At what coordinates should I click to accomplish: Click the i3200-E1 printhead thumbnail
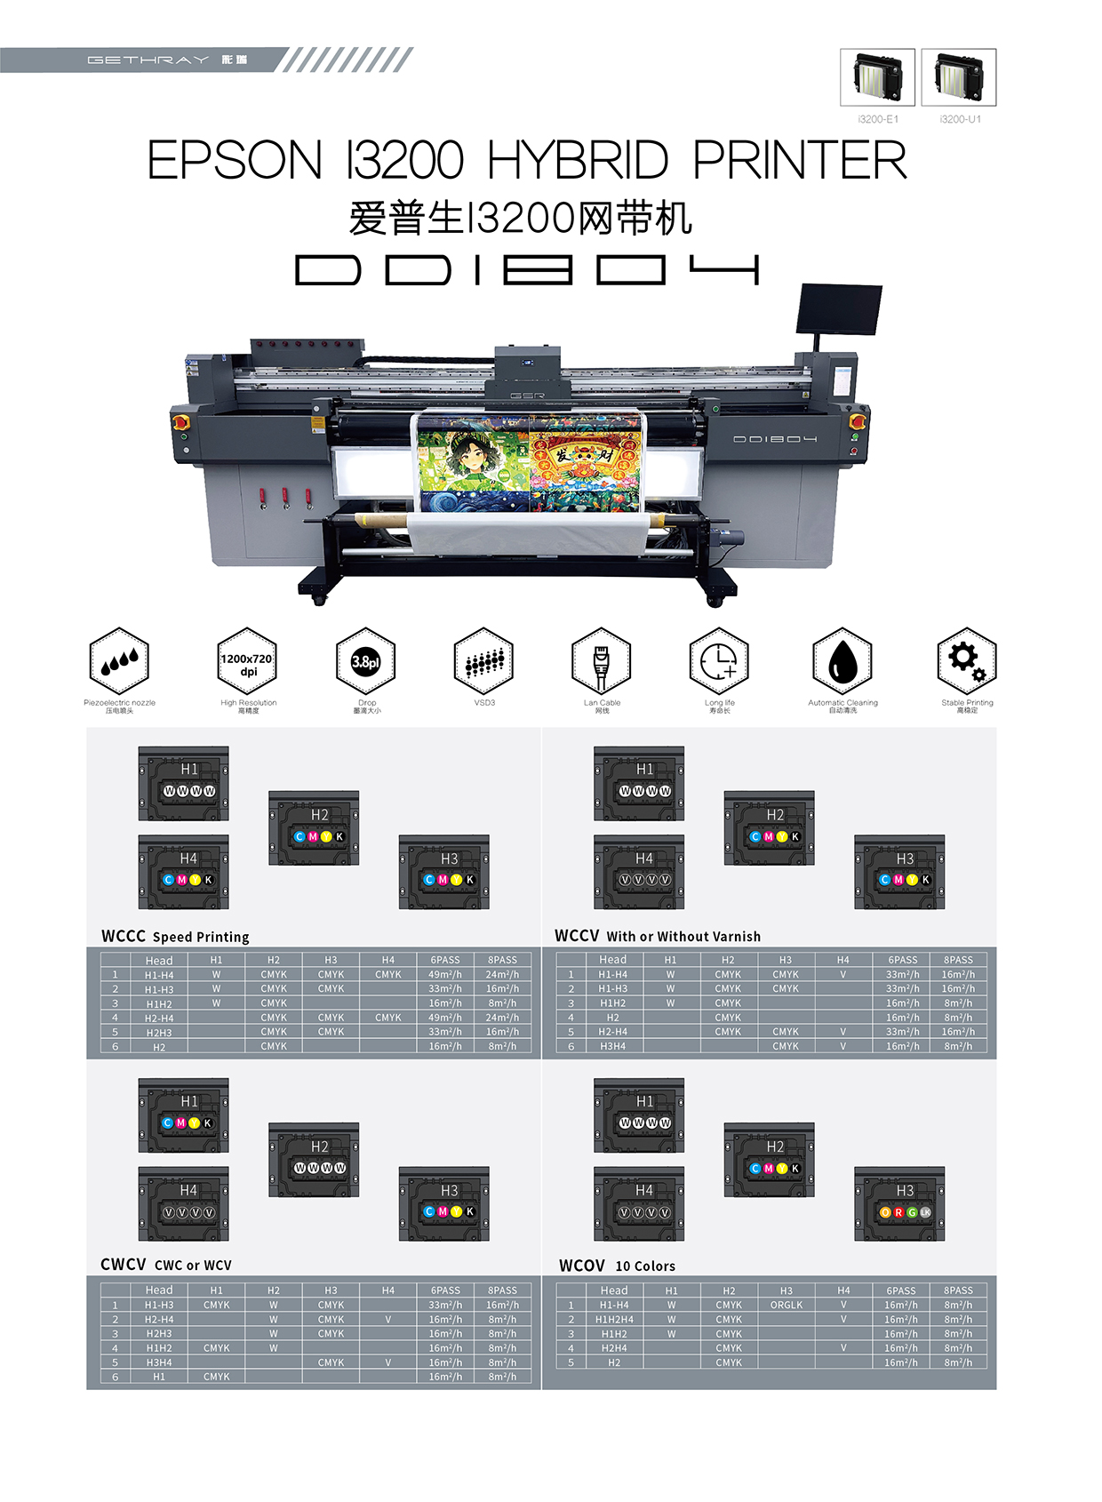[877, 77]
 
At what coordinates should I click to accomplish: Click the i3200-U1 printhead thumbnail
[958, 77]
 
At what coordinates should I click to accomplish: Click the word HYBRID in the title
[578, 161]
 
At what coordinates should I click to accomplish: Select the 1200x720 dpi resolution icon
[247, 661]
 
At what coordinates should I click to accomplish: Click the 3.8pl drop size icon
[365, 661]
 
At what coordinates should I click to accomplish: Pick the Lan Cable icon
[602, 661]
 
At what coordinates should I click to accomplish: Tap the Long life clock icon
[719, 661]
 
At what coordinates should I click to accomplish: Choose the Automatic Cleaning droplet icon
[842, 661]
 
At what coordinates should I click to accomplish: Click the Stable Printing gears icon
[967, 661]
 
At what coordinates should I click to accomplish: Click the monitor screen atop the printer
[840, 308]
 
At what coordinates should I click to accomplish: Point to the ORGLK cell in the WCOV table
[787, 1305]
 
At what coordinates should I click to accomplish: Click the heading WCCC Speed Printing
[175, 936]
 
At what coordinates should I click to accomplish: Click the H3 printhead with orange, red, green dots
[899, 1204]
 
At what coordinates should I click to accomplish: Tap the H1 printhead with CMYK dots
[184, 1115]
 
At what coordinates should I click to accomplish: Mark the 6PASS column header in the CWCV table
[445, 1290]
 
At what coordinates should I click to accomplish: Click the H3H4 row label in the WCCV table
[612, 1046]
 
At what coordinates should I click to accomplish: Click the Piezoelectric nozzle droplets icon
[119, 661]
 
